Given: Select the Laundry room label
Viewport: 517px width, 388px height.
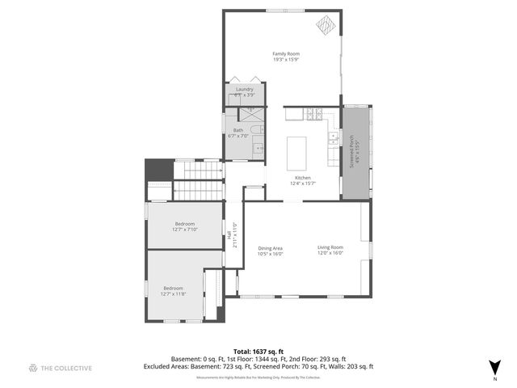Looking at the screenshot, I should [x=244, y=90].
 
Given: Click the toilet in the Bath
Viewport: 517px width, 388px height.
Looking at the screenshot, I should [x=255, y=129].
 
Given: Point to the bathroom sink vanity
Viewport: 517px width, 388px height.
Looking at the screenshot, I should [x=258, y=146].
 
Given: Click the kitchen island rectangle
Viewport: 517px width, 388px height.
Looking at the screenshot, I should [x=297, y=153].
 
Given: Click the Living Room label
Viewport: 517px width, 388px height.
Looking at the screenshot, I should [x=330, y=250].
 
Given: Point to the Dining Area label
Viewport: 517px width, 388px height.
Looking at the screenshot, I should [x=270, y=251].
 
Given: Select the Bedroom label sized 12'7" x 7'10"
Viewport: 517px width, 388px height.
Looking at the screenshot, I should [x=185, y=226].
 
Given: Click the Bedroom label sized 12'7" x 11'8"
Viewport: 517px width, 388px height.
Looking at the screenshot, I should [x=174, y=291].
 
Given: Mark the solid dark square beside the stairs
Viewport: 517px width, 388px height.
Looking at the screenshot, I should [x=159, y=170].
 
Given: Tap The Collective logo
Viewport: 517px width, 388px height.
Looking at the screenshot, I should [x=61, y=368].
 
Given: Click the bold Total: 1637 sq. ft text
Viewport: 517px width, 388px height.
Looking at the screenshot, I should [x=258, y=352].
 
